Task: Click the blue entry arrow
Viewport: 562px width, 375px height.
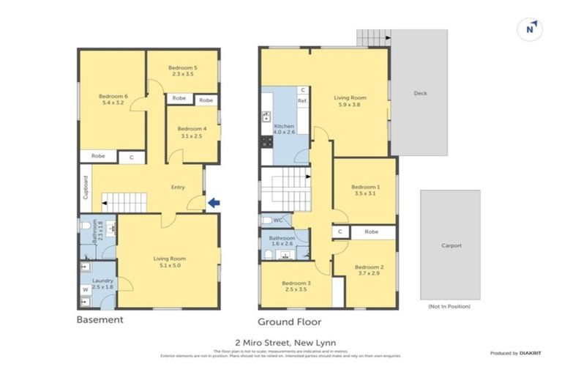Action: pos(213,203)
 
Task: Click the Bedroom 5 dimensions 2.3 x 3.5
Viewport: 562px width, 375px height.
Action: pos(182,74)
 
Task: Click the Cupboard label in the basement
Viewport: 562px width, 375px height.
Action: pos(86,188)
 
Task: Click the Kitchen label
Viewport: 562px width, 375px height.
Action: pos(284,126)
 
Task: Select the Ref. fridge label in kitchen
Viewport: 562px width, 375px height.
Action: pos(301,101)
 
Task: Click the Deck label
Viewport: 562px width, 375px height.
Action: pos(420,93)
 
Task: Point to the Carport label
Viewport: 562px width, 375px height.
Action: pos(450,245)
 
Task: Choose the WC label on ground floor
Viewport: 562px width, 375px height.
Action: pos(278,220)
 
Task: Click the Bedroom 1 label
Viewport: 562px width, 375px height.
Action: pos(365,187)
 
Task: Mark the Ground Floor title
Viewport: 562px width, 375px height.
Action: pos(289,322)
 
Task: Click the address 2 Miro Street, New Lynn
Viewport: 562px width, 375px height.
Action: pos(281,342)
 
